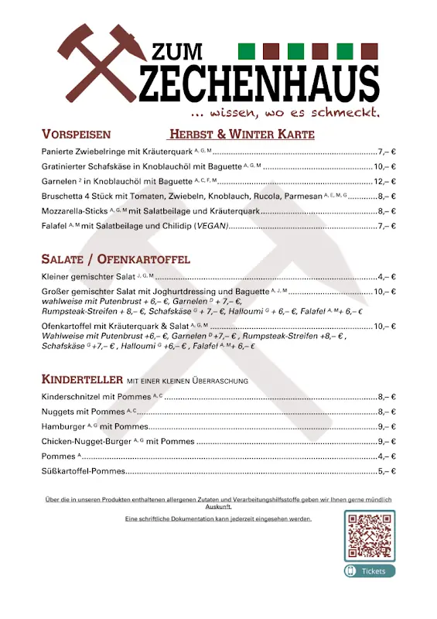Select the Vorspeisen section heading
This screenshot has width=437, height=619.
pos(76,134)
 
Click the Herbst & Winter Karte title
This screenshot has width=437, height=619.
pos(242,134)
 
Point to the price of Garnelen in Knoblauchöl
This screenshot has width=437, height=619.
pos(384,181)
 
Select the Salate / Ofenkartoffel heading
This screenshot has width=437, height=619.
pos(115,258)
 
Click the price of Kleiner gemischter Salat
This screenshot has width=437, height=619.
pos(387,276)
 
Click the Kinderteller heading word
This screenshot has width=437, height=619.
pos(82,380)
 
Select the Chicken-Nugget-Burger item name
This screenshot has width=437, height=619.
pos(86,441)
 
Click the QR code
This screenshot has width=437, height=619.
pos(369,535)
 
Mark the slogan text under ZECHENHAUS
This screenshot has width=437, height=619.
pos(275,112)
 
